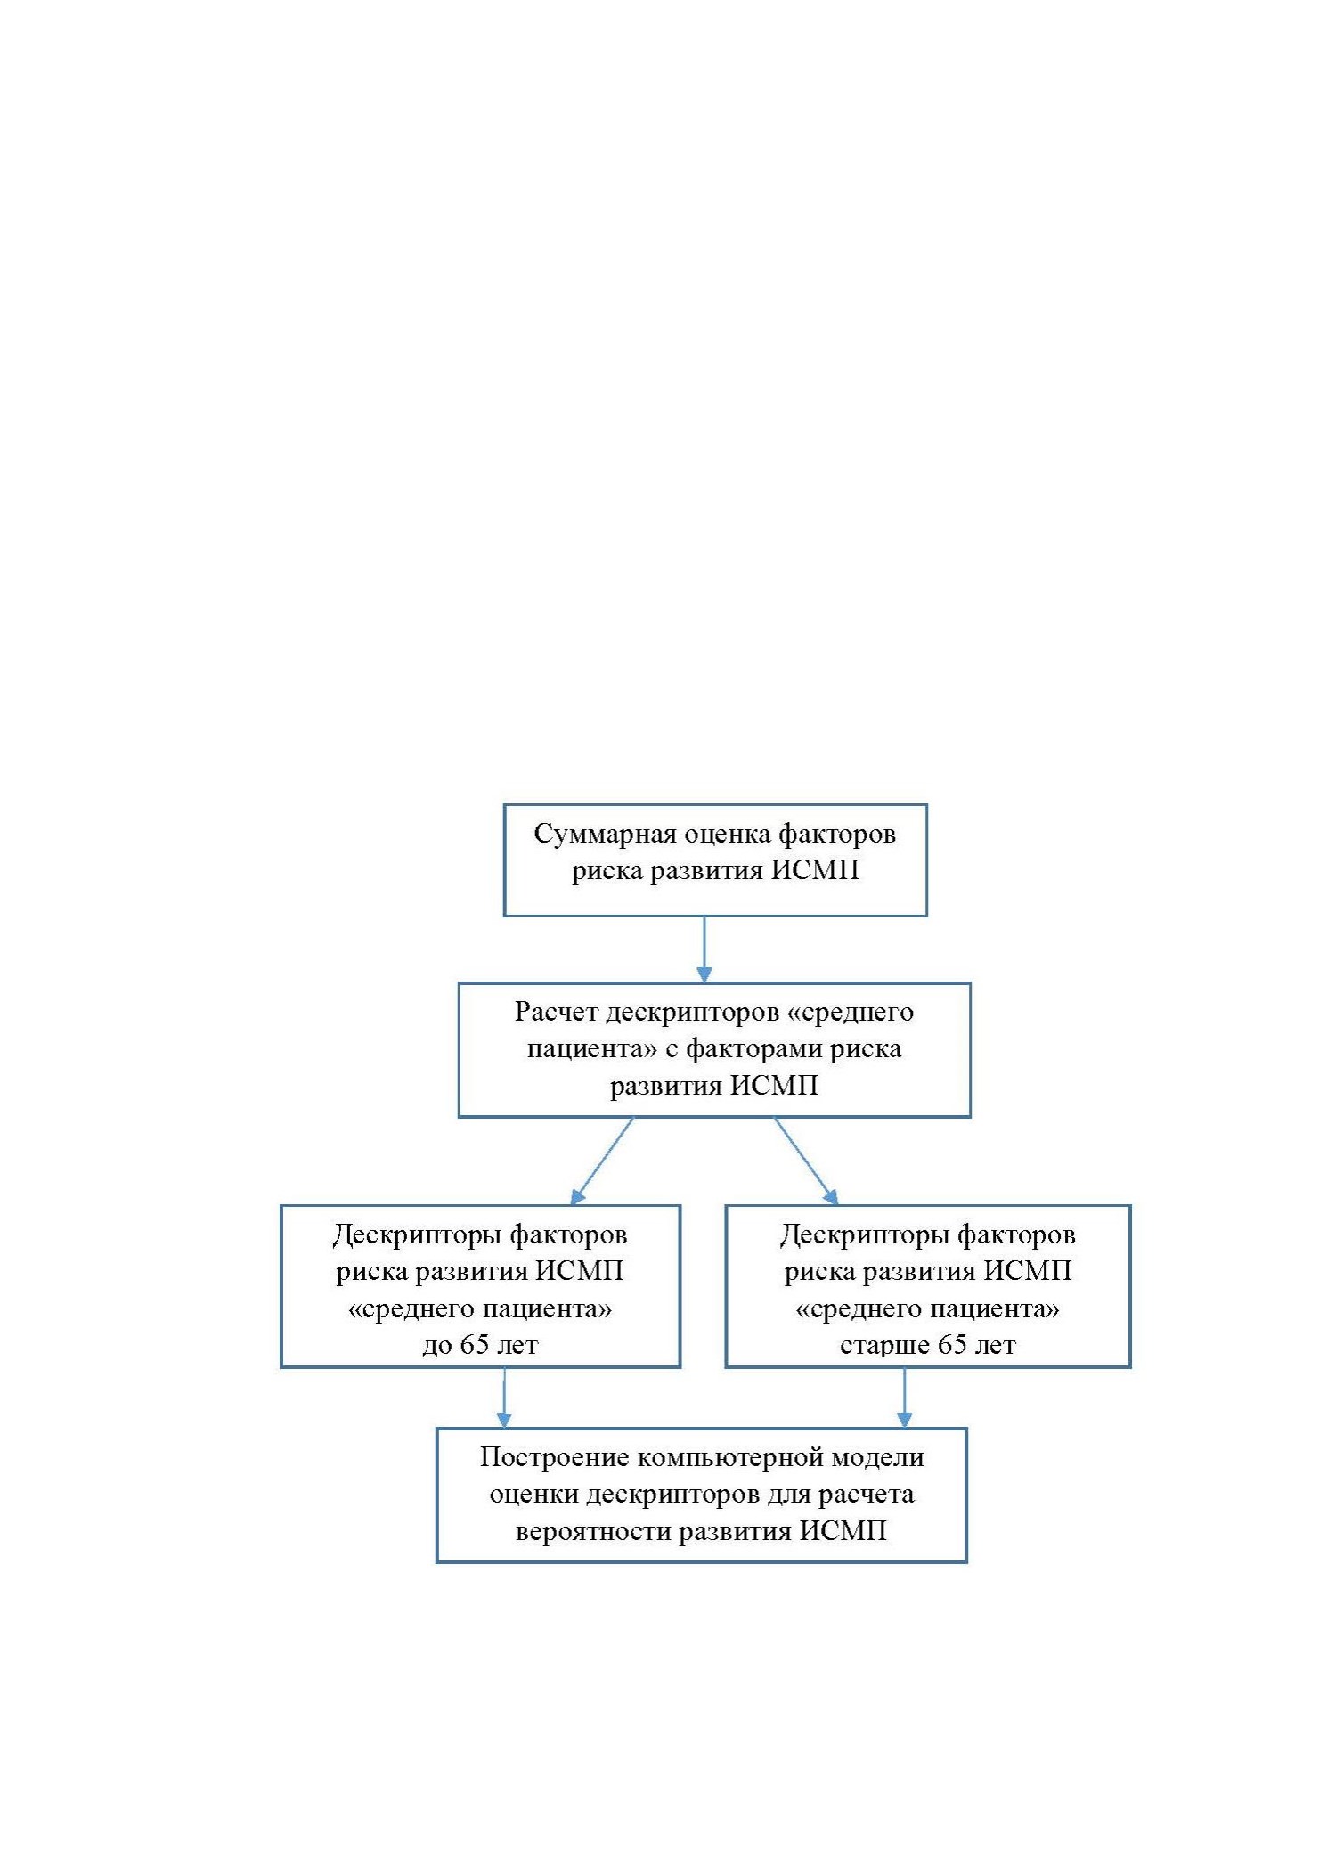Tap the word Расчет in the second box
click(x=555, y=1013)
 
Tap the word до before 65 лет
click(x=437, y=1346)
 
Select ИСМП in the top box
click(x=815, y=869)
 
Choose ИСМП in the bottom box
click(x=843, y=1531)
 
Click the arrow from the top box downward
click(x=704, y=949)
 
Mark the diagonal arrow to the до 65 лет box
click(x=602, y=1161)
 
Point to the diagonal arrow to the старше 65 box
click(x=806, y=1161)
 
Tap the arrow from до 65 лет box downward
click(x=504, y=1397)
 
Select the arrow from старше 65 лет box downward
click(x=905, y=1397)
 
